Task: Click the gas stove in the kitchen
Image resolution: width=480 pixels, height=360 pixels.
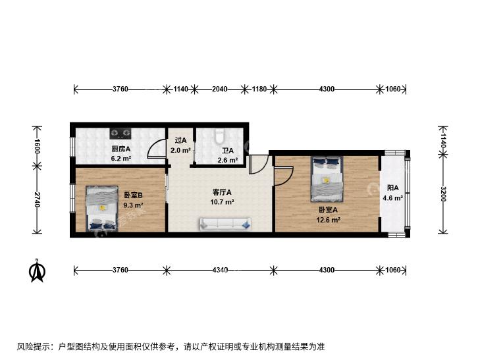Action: pyautogui.click(x=120, y=133)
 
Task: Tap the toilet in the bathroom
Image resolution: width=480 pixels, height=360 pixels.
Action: pyautogui.click(x=219, y=136)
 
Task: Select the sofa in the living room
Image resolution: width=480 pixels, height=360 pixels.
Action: pyautogui.click(x=226, y=224)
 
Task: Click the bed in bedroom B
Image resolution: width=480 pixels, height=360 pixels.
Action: pyautogui.click(x=102, y=208)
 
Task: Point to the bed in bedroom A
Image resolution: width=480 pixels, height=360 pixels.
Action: pyautogui.click(x=327, y=179)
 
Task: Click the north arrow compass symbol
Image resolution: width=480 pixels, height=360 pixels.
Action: pyautogui.click(x=37, y=270)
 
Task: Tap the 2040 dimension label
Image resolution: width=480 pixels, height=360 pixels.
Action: pyautogui.click(x=219, y=89)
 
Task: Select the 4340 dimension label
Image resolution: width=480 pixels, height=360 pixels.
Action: pyautogui.click(x=220, y=270)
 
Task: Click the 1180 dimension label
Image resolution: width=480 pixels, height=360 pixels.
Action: pyautogui.click(x=259, y=89)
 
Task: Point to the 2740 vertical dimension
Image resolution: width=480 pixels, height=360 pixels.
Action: pyautogui.click(x=37, y=199)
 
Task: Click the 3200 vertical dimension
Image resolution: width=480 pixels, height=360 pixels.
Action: pyautogui.click(x=442, y=193)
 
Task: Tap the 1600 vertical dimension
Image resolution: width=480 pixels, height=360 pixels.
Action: pyautogui.click(x=37, y=146)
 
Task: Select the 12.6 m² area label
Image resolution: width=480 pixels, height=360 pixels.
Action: pyautogui.click(x=329, y=220)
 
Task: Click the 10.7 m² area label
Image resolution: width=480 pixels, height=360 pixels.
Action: pyautogui.click(x=223, y=202)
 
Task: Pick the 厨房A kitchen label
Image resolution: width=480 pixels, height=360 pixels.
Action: pyautogui.click(x=121, y=149)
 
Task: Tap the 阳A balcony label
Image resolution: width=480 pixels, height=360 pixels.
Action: pyautogui.click(x=392, y=188)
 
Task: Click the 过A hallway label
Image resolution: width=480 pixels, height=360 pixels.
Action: pyautogui.click(x=180, y=140)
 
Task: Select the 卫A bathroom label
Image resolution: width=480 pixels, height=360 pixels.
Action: pyautogui.click(x=228, y=151)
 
